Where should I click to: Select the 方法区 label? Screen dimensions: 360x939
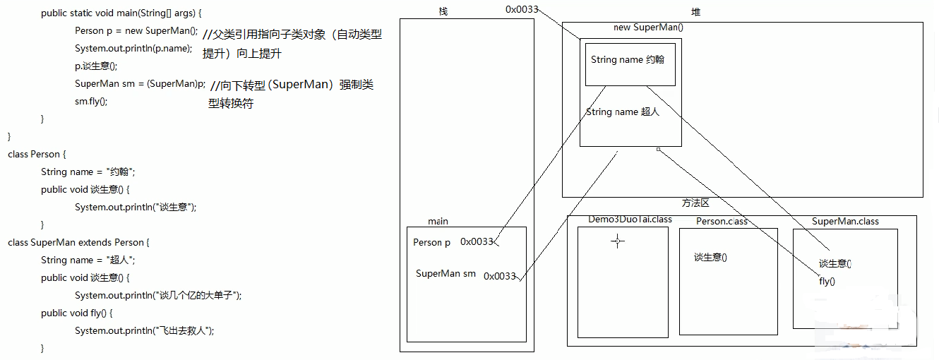click(695, 203)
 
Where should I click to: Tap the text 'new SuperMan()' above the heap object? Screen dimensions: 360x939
click(648, 28)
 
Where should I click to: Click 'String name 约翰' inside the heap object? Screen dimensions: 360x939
click(628, 60)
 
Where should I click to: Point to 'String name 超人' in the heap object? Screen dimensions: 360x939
click(622, 112)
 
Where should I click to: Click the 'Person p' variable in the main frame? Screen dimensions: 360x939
click(431, 242)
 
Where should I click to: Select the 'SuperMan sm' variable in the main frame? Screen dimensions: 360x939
click(445, 274)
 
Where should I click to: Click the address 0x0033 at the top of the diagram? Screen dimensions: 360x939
click(522, 9)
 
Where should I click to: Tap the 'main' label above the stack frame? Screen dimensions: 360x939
click(438, 221)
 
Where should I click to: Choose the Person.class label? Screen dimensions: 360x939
click(722, 221)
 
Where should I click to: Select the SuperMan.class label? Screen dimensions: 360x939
click(845, 221)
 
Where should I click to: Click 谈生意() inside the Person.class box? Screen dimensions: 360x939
click(710, 258)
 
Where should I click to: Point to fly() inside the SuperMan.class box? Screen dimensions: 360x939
click(827, 281)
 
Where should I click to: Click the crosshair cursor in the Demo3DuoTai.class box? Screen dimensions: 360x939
click(618, 241)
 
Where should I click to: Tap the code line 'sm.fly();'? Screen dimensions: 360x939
click(91, 101)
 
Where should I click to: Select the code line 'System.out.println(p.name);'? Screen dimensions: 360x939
click(133, 48)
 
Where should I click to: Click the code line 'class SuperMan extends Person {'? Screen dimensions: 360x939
click(78, 242)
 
